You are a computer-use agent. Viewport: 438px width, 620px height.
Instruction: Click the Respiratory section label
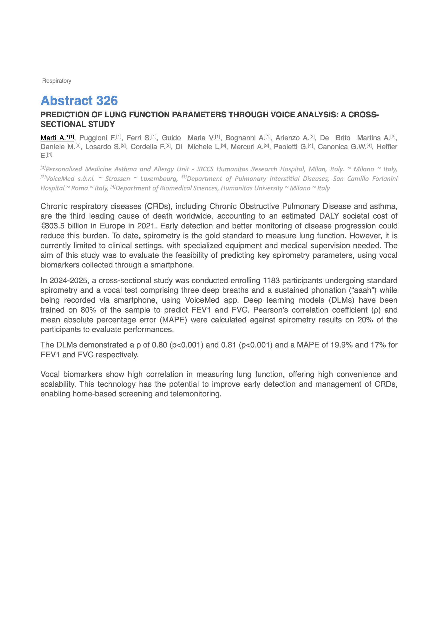pos(57,81)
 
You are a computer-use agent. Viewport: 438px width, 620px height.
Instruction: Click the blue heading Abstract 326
pos(79,101)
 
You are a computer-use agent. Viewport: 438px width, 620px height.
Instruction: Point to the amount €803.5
pos(53,226)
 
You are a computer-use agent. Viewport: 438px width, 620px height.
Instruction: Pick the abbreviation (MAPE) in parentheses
pos(173,320)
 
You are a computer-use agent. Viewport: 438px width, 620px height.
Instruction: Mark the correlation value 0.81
pos(229,345)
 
